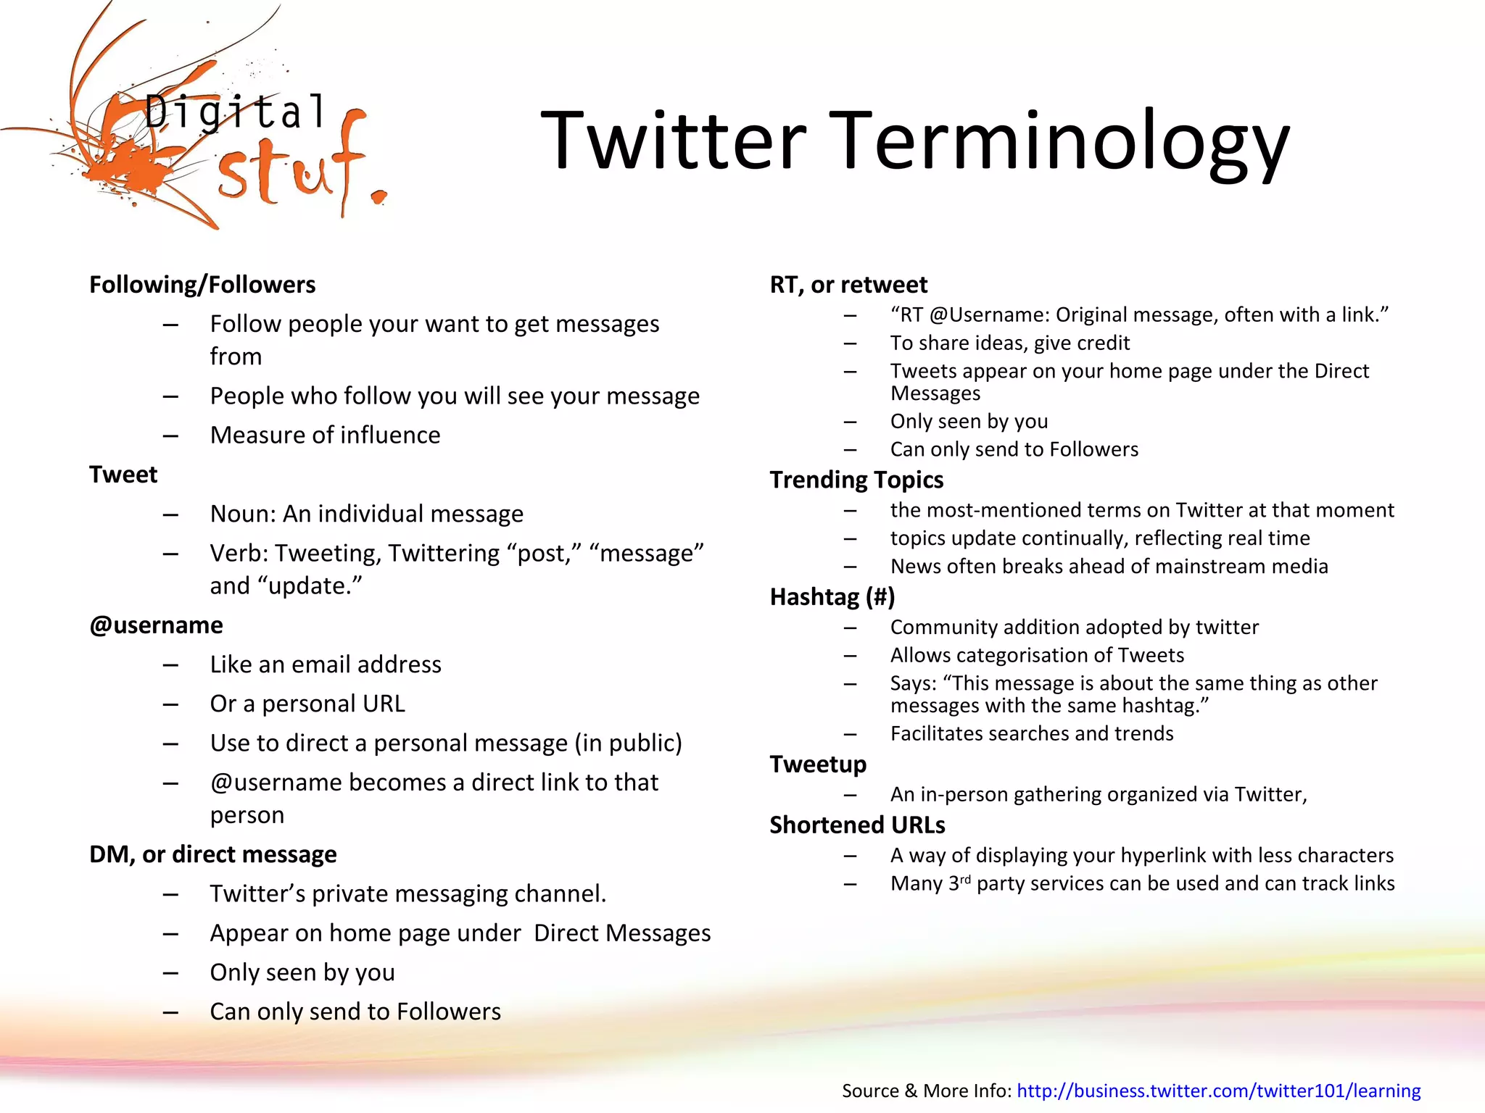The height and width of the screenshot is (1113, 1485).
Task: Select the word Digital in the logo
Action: click(235, 113)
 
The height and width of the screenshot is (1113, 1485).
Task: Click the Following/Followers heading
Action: click(202, 285)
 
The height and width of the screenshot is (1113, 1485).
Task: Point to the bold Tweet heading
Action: click(123, 475)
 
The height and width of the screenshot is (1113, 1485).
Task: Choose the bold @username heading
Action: click(156, 625)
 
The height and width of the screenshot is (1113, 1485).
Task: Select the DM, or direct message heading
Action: click(212, 854)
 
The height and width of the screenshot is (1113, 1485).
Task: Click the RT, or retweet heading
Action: click(848, 285)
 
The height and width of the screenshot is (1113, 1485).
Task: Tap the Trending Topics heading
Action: click(856, 480)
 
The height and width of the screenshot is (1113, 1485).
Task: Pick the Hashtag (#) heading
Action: click(832, 597)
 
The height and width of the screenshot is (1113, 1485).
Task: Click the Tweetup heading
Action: click(818, 764)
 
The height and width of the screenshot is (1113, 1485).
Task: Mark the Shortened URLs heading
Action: click(857, 825)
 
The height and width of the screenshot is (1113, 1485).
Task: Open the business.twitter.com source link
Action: click(1218, 1091)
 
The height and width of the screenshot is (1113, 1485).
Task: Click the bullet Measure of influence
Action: click(325, 435)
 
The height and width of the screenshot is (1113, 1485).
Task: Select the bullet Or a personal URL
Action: click(307, 704)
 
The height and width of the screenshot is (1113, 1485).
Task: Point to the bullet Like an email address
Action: click(326, 664)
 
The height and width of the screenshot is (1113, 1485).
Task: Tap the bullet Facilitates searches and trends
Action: click(1032, 734)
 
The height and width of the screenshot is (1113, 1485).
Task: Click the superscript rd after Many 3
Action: click(965, 879)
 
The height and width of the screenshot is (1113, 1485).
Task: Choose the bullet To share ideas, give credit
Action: click(1010, 343)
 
